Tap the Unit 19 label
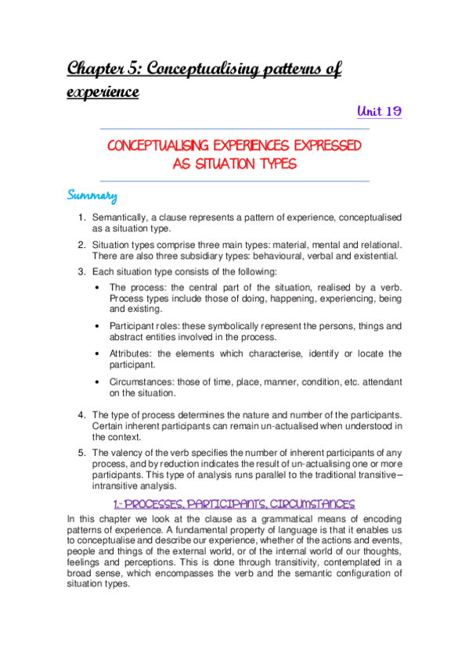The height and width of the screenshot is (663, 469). tap(379, 112)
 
